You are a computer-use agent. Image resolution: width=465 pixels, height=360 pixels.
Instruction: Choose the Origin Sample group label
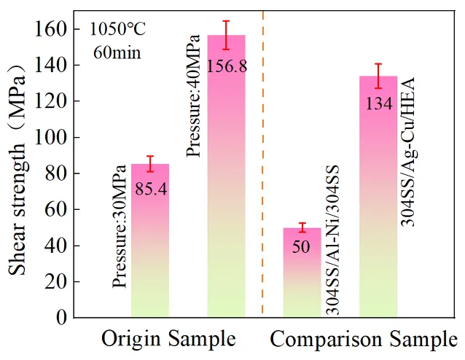(x=168, y=340)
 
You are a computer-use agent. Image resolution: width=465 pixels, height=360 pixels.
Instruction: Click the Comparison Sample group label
(x=364, y=340)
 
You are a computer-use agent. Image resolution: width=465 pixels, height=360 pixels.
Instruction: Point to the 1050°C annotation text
(x=118, y=31)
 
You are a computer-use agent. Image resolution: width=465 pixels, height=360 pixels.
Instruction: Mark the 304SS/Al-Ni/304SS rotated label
(x=332, y=240)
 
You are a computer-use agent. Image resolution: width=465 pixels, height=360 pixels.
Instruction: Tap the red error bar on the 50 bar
(x=302, y=227)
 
